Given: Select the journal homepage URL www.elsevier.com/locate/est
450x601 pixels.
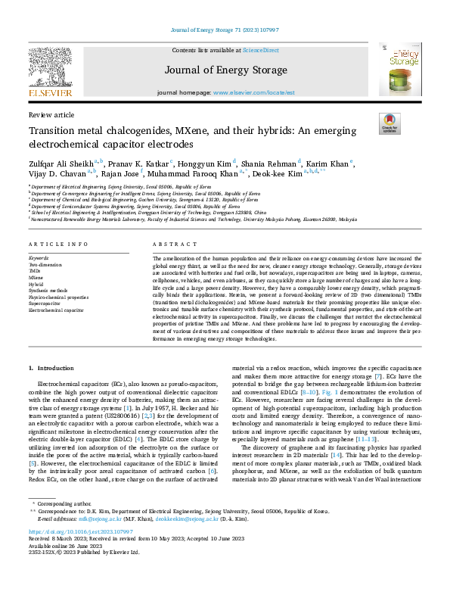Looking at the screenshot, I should pos(249,92).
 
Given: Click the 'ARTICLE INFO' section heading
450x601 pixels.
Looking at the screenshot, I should pos(54,244).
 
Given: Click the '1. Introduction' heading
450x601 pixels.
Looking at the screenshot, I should pos(51,368).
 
